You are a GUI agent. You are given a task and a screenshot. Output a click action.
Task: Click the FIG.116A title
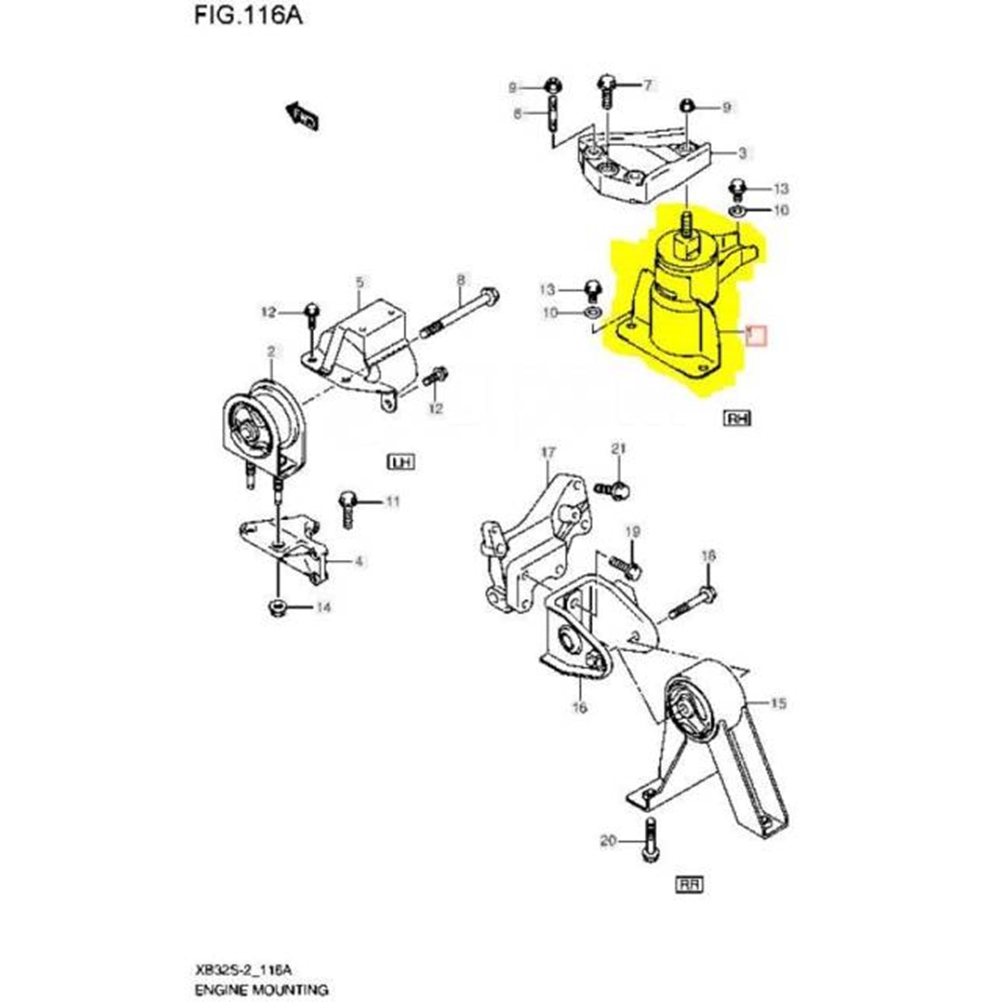tap(248, 15)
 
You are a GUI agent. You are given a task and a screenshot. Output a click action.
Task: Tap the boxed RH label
tap(737, 418)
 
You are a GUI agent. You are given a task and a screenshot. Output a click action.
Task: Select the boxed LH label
tap(401, 462)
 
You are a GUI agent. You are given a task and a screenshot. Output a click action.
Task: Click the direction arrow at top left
tap(303, 116)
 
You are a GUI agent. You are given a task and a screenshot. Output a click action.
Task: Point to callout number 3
tap(742, 154)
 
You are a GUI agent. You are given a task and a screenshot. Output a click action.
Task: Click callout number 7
tap(647, 85)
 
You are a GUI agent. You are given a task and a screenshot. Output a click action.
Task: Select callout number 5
tap(359, 282)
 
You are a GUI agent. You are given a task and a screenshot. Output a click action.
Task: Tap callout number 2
tap(271, 351)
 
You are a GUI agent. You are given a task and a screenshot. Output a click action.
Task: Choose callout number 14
tap(323, 608)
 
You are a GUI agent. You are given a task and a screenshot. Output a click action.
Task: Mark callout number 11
tap(392, 501)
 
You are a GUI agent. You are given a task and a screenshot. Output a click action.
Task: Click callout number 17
tap(548, 453)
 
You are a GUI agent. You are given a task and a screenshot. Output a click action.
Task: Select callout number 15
tap(778, 703)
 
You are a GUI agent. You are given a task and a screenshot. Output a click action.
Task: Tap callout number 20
tap(608, 840)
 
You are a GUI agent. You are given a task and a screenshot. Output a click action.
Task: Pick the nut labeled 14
tap(275, 609)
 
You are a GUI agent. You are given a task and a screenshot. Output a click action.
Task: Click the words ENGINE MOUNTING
tap(261, 989)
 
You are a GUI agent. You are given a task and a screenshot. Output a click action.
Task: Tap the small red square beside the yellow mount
tap(756, 335)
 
